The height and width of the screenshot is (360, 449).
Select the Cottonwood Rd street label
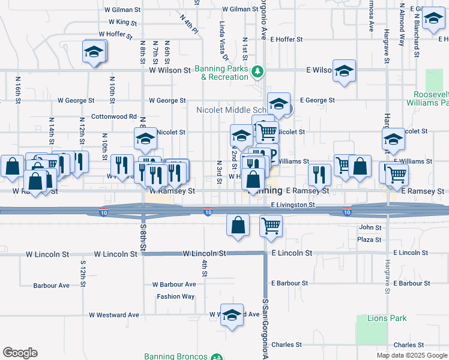click(114, 116)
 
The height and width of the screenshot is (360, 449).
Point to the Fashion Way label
click(176, 296)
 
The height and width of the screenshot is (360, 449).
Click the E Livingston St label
click(293, 205)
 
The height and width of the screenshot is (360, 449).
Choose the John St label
click(370, 228)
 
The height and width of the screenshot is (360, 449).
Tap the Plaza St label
click(369, 240)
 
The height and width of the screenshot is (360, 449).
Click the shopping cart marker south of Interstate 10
click(271, 226)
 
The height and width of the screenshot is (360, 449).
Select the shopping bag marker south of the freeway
click(238, 226)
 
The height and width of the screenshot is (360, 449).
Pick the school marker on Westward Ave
click(231, 315)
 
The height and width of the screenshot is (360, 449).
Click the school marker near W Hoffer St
click(94, 52)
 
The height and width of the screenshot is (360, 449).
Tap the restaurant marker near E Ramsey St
click(319, 174)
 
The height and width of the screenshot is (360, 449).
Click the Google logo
click(20, 353)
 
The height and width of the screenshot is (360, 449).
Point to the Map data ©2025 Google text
click(411, 355)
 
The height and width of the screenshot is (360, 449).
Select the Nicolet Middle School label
click(231, 110)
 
